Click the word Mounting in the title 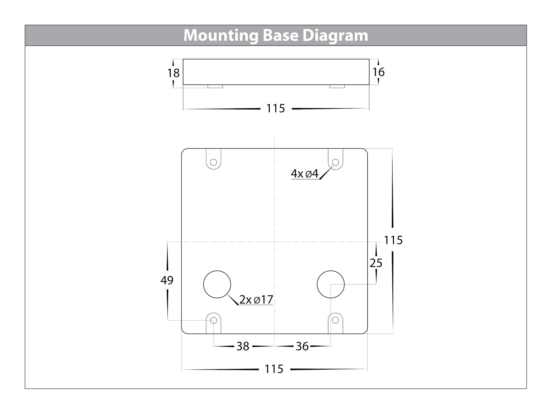pyautogui.click(x=221, y=36)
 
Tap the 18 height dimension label pyautogui.click(x=173, y=73)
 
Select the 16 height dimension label pyautogui.click(x=378, y=72)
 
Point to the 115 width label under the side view pyautogui.click(x=275, y=108)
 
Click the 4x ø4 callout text pyautogui.click(x=305, y=174)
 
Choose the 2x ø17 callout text pyautogui.click(x=256, y=299)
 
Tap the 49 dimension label pyautogui.click(x=167, y=280)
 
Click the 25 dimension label pyautogui.click(x=376, y=263)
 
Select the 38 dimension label pyautogui.click(x=243, y=346)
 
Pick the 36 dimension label pyautogui.click(x=302, y=346)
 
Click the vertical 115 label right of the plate pyautogui.click(x=393, y=240)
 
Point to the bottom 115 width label pyautogui.click(x=274, y=369)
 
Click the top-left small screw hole pyautogui.click(x=213, y=162)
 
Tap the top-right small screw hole pyautogui.click(x=335, y=162)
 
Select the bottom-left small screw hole pyautogui.click(x=213, y=320)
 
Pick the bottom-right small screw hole pyautogui.click(x=335, y=320)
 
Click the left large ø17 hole pyautogui.click(x=217, y=284)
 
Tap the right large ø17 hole pyautogui.click(x=330, y=284)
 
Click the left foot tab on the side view pyautogui.click(x=215, y=86)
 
